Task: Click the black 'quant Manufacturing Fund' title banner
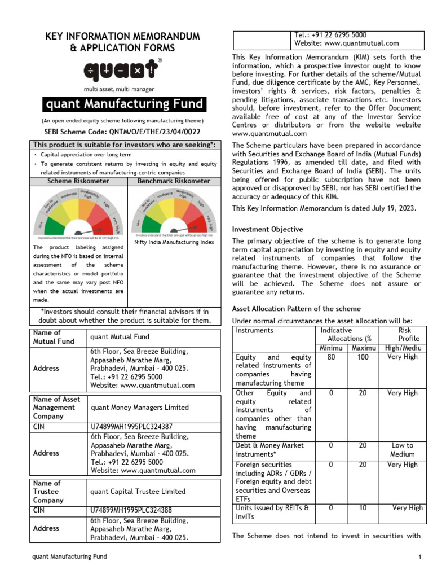(x=123, y=104)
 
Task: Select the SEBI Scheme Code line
(x=122, y=131)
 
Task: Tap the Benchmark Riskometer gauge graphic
(x=174, y=213)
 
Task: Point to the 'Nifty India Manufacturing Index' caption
(x=174, y=242)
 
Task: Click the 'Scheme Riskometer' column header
(x=78, y=181)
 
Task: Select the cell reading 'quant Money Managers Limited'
(x=139, y=407)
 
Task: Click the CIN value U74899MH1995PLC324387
(x=131, y=427)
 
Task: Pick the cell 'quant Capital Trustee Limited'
(x=138, y=492)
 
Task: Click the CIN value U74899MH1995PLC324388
(x=131, y=510)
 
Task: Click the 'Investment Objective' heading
(x=267, y=229)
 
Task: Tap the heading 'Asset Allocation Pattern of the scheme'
(x=297, y=309)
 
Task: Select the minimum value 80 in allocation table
(x=331, y=357)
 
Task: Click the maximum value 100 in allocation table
(x=364, y=357)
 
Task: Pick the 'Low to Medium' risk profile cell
(x=402, y=449)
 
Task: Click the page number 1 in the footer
(x=419, y=558)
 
